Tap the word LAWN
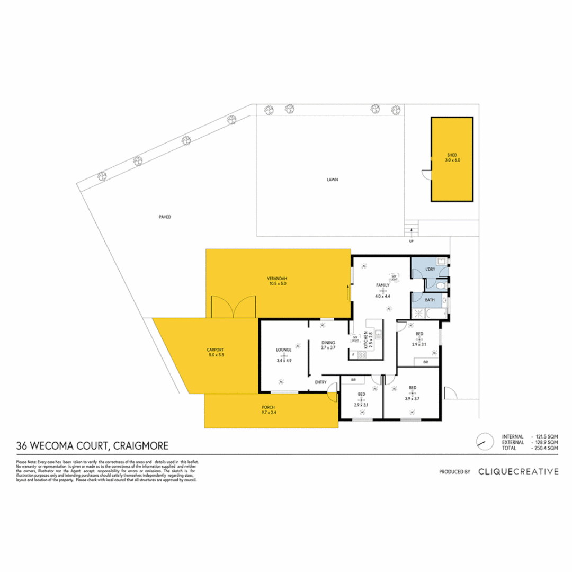[332, 180]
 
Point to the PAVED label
[165, 217]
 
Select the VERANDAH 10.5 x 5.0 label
[277, 281]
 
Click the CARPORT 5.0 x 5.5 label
[216, 352]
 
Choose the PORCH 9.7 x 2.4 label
[269, 409]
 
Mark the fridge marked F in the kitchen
[353, 355]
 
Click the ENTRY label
[320, 382]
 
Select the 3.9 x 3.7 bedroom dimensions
[412, 399]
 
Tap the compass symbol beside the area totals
[482, 441]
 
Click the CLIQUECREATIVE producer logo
[517, 471]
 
